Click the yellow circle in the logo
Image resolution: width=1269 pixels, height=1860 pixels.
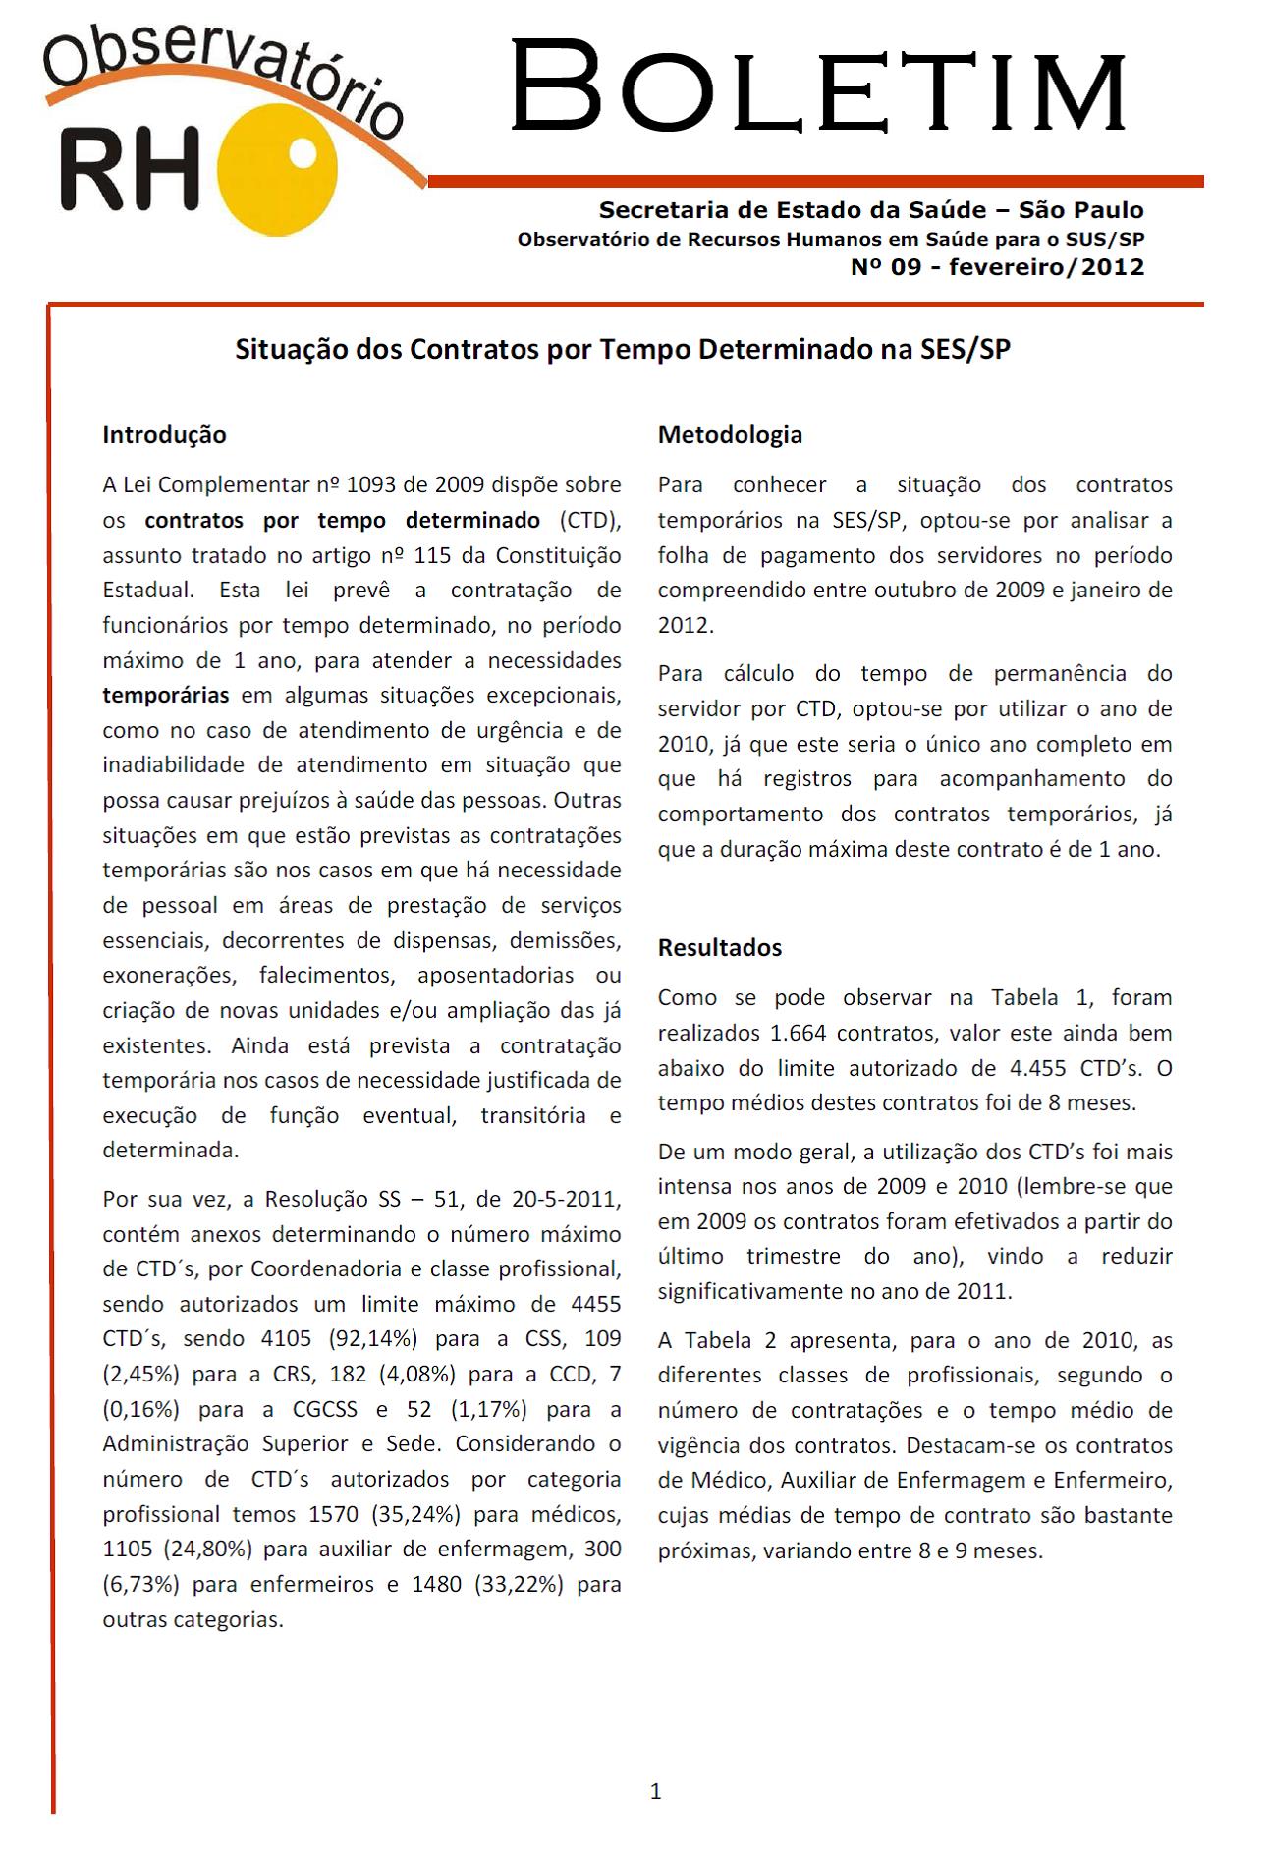pos(279,174)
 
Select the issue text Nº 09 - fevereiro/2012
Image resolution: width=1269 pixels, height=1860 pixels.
pos(997,267)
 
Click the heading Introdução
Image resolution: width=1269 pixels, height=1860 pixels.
pos(164,434)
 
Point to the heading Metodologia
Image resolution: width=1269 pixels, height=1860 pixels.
pos(730,434)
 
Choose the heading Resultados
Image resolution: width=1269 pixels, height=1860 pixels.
pos(720,947)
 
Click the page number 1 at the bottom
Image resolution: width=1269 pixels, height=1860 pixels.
pos(656,1791)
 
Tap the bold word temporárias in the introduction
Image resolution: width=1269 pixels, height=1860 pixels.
pos(166,695)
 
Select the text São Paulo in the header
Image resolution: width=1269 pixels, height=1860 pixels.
pos(1080,209)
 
